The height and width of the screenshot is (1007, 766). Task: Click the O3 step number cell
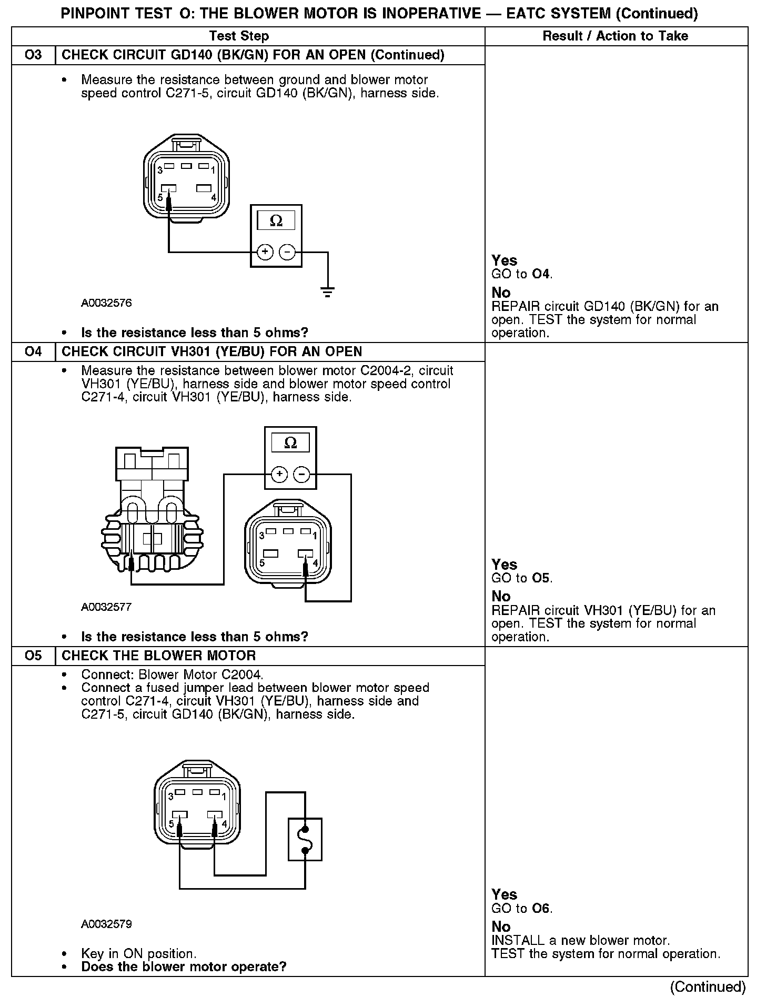[x=33, y=55]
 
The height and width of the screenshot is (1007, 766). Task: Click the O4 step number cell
[x=33, y=351]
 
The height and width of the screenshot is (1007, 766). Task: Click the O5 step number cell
[x=33, y=656]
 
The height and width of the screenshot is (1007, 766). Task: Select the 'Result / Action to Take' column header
[x=615, y=36]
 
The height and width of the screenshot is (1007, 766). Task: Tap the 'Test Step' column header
[x=239, y=36]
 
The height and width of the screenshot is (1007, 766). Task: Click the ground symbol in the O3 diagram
[x=327, y=292]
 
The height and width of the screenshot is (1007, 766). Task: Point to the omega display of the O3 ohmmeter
[x=276, y=220]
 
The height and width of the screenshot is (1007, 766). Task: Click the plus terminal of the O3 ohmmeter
[x=265, y=252]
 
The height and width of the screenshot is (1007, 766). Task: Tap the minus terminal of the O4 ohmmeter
[x=301, y=475]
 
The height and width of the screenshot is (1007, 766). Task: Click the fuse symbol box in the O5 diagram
[x=305, y=839]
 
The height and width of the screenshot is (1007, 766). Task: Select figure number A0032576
[x=106, y=303]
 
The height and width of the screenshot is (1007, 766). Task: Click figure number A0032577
[x=106, y=607]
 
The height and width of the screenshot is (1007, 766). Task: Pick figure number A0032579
[x=106, y=924]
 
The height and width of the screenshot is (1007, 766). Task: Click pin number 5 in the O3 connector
[x=160, y=197]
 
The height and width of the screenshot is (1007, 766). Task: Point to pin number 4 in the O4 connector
[x=315, y=562]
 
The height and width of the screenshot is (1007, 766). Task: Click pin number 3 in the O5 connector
[x=170, y=797]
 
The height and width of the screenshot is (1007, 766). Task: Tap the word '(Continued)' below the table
[x=708, y=987]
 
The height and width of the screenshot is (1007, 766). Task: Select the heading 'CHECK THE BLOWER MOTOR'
[x=158, y=656]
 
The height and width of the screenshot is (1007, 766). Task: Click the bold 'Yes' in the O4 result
[x=504, y=565]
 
